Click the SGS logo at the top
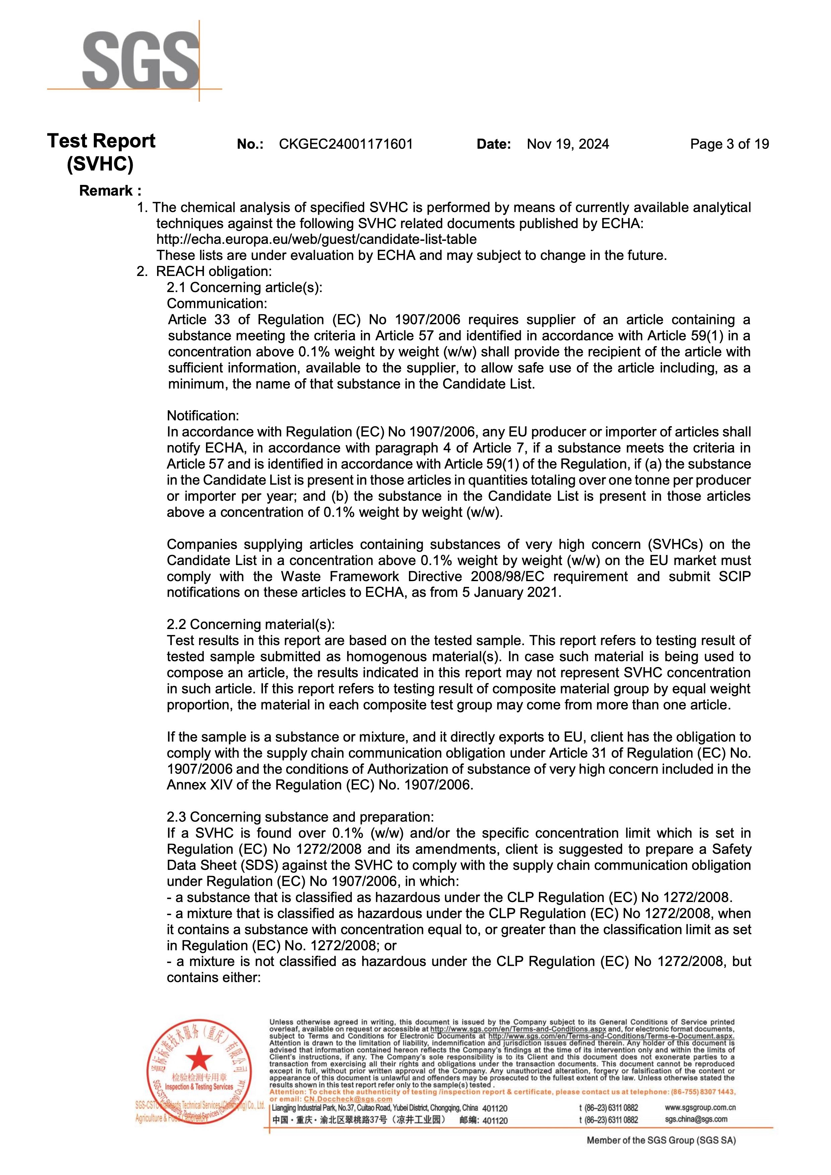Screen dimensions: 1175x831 pyautogui.click(x=141, y=60)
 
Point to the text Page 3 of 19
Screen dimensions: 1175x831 pyautogui.click(x=729, y=144)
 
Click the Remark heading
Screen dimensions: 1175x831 pyautogui.click(x=110, y=191)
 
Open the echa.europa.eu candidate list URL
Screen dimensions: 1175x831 pyautogui.click(x=316, y=239)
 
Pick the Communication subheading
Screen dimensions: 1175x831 pyautogui.click(x=217, y=303)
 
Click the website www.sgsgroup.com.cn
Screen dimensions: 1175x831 pyautogui.click(x=700, y=1107)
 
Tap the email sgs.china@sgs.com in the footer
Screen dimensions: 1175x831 pyautogui.click(x=696, y=1119)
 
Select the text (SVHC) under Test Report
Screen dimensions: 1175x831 pyautogui.click(x=100, y=164)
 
